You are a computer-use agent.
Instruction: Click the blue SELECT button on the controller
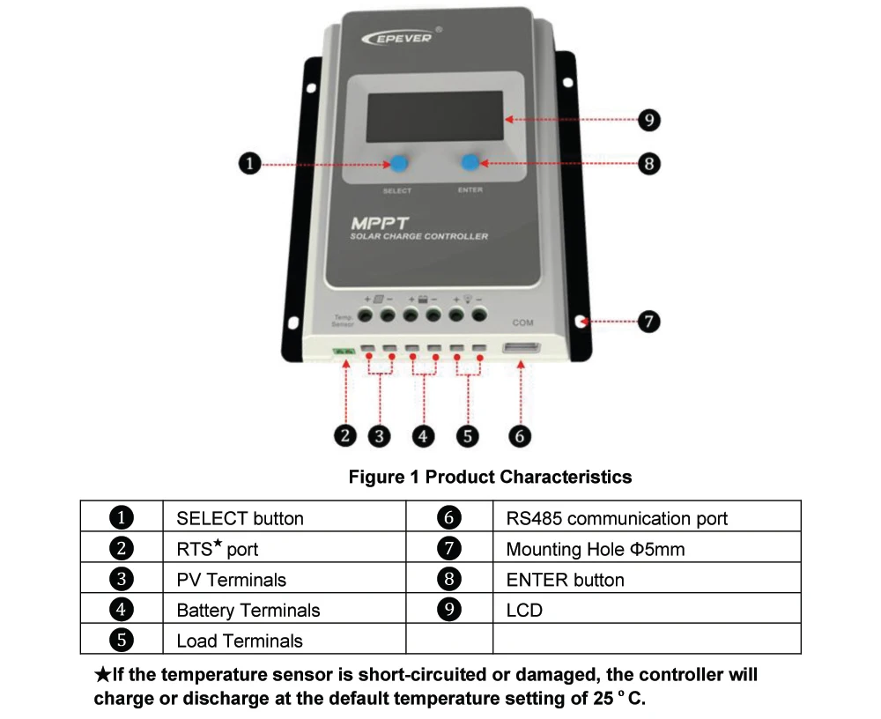399,163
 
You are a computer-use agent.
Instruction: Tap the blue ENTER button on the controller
471,162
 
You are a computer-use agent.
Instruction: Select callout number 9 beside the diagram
648,120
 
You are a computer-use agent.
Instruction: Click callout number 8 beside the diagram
648,164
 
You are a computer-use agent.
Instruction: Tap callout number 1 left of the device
250,164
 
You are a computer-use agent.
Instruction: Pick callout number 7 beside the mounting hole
648,322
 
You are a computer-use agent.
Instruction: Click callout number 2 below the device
346,434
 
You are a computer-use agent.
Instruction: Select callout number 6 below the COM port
521,434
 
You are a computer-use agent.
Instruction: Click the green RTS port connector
344,352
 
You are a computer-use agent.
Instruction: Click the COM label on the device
522,322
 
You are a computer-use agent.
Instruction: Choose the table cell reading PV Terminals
232,579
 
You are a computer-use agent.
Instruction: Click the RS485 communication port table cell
617,518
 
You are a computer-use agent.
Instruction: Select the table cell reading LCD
524,610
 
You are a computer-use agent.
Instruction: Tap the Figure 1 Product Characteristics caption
490,477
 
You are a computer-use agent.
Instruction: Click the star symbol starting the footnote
102,676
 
